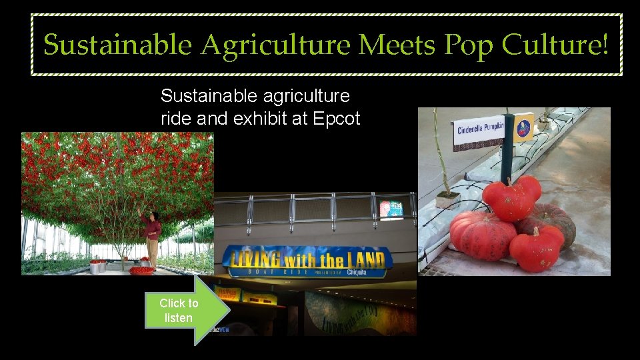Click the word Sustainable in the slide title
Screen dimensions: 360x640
point(118,45)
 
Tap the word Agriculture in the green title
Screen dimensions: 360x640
point(276,45)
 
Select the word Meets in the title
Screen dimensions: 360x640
point(397,45)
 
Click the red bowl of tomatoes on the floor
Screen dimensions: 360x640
point(141,270)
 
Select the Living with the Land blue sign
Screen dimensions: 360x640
point(306,260)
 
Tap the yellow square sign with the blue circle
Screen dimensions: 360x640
point(524,127)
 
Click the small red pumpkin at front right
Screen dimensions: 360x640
point(537,249)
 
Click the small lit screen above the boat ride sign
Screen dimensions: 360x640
point(391,209)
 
